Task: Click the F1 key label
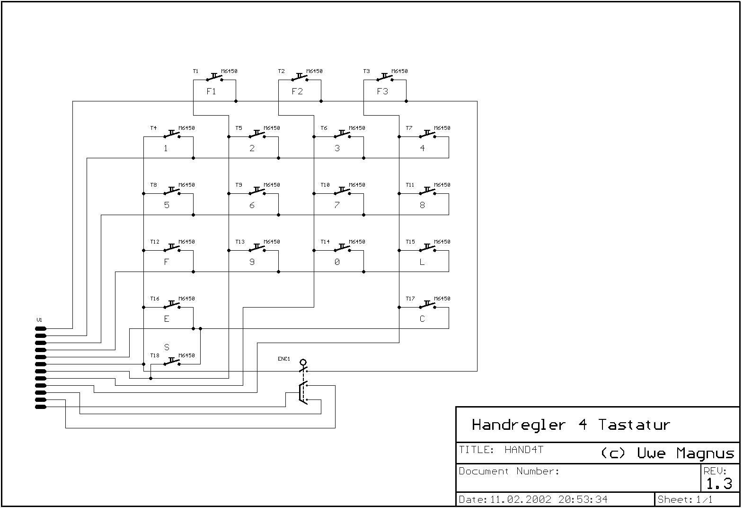pyautogui.click(x=211, y=91)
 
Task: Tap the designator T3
pyautogui.click(x=366, y=71)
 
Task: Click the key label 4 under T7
pyautogui.click(x=422, y=148)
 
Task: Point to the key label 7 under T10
pyautogui.click(x=337, y=205)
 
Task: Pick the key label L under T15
pyautogui.click(x=422, y=262)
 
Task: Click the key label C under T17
pyautogui.click(x=422, y=319)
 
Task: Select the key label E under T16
pyautogui.click(x=166, y=319)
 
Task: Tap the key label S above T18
pyautogui.click(x=167, y=347)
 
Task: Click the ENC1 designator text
pyautogui.click(x=284, y=359)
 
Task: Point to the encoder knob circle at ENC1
pyautogui.click(x=303, y=363)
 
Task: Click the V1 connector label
pyautogui.click(x=39, y=320)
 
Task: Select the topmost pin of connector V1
pyautogui.click(x=41, y=328)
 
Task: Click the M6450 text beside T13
pyautogui.click(x=272, y=242)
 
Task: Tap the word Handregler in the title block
pyautogui.click(x=519, y=425)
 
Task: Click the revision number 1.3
pyautogui.click(x=719, y=484)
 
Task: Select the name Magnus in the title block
pyautogui.click(x=705, y=454)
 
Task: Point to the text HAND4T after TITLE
pyautogui.click(x=523, y=450)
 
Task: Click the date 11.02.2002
pyautogui.click(x=520, y=499)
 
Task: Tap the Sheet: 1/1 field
pyautogui.click(x=685, y=499)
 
